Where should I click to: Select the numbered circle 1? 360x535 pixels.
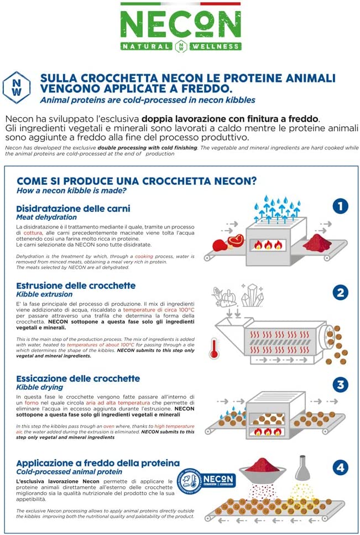coord(341,206)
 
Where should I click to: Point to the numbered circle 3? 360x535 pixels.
coord(341,385)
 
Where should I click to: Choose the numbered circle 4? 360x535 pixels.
coord(341,468)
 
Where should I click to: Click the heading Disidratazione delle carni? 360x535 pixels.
coord(73,209)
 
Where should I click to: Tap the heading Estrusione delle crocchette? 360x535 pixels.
coord(76,285)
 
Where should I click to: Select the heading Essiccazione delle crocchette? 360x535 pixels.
coord(78,378)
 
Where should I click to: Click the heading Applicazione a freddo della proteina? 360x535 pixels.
coord(98,463)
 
